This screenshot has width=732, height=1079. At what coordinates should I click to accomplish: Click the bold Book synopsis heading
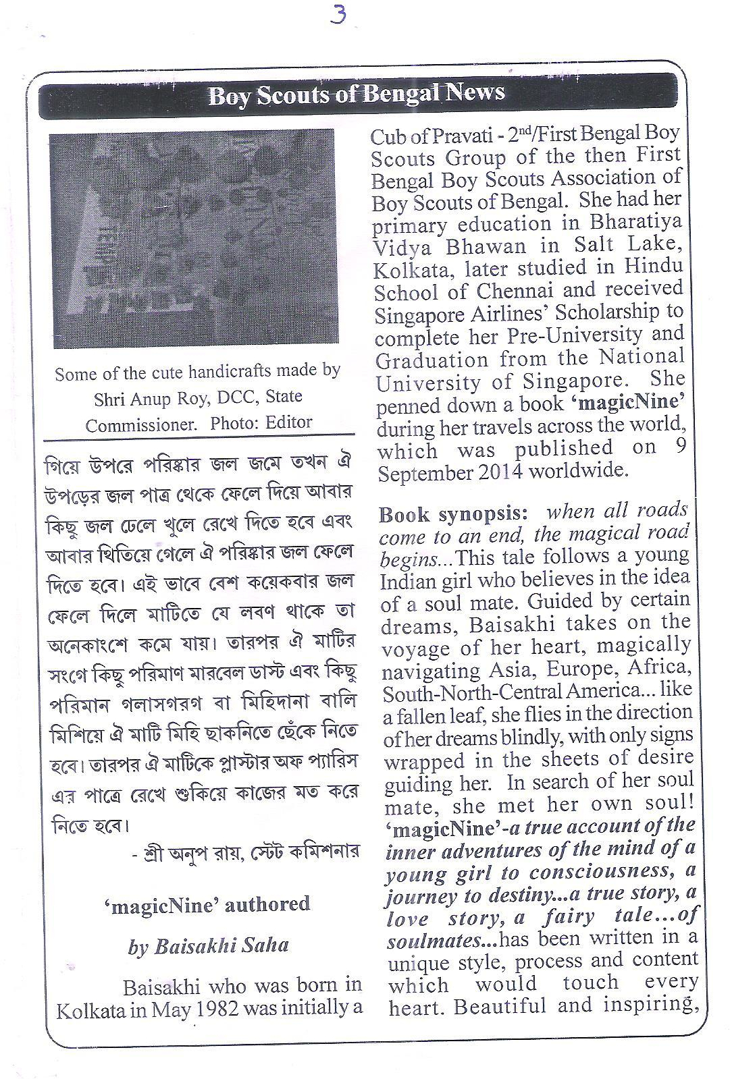[453, 514]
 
